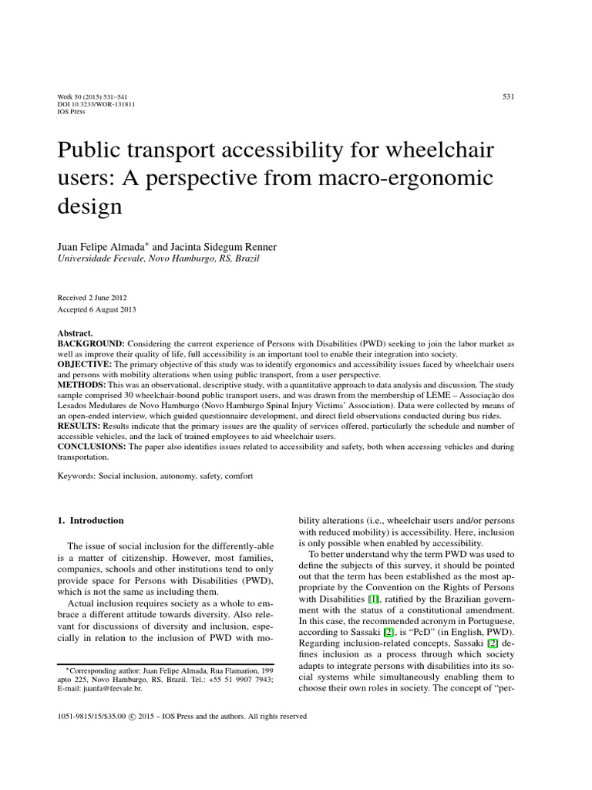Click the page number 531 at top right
pyautogui.click(x=508, y=96)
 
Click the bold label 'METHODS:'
pyautogui.click(x=82, y=383)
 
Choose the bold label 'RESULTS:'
pyautogui.click(x=80, y=425)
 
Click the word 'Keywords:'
pyautogui.click(x=77, y=477)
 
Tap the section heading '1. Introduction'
pyautogui.click(x=90, y=521)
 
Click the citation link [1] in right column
pyautogui.click(x=373, y=599)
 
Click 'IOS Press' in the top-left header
pyautogui.click(x=72, y=111)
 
